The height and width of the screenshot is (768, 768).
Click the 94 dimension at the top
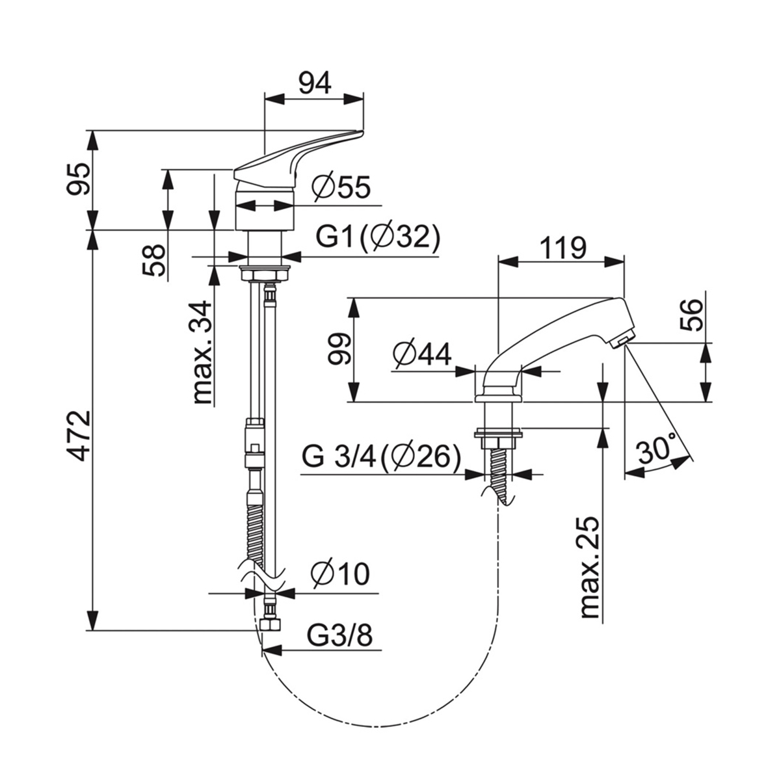coord(315,83)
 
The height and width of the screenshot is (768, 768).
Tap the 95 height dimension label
coord(79,179)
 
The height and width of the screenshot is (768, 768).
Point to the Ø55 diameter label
coord(342,187)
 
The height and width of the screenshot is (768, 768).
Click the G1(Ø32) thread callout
coord(378,239)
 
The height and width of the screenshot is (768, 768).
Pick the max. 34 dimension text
coord(202,352)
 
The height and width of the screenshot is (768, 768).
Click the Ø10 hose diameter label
coord(340,574)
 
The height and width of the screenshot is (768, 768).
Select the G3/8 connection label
coord(339,635)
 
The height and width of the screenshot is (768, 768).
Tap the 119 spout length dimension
coord(563,248)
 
